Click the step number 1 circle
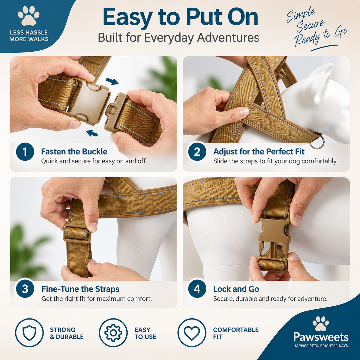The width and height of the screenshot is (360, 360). pos(25,151)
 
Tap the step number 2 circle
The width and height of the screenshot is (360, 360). pos(197,151)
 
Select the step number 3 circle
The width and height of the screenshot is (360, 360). pos(25,289)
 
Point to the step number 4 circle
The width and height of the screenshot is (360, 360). pos(197,289)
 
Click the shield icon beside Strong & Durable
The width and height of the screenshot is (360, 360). pos(29,333)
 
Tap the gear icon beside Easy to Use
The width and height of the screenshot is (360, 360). pos(113,333)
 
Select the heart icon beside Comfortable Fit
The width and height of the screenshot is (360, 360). pos(192,333)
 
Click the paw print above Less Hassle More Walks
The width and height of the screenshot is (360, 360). pos(28,16)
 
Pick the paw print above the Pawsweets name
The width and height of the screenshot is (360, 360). pos(321,324)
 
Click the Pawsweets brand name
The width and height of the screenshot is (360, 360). pos(321,337)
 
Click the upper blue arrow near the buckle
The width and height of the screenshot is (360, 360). pos(112,81)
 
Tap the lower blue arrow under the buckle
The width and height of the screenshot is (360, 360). pos(92,133)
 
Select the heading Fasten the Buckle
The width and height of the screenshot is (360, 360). pos(74,151)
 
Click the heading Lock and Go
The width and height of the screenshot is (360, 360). pos(236,289)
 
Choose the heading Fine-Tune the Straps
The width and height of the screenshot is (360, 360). pos(80,289)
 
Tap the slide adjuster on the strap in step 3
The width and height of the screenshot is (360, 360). pos(77,234)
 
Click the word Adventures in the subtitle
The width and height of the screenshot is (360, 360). pos(228,37)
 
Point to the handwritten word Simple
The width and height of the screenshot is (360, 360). pos(301,15)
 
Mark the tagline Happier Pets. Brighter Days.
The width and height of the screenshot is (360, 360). pos(321,346)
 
